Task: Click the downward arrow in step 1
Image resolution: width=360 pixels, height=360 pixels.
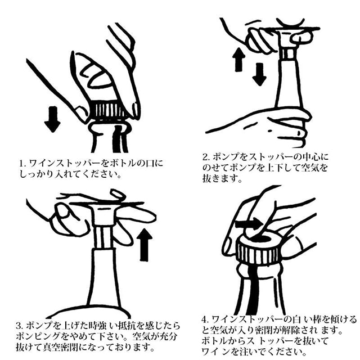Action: [52, 119]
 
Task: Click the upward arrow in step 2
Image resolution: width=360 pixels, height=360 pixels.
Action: [238, 60]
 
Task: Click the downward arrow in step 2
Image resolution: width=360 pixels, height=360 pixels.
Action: [259, 74]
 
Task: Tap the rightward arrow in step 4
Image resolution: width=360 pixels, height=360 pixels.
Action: [250, 224]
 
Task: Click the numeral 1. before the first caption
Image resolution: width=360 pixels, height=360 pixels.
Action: [22, 164]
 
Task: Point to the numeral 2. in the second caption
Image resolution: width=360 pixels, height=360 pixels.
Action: [206, 157]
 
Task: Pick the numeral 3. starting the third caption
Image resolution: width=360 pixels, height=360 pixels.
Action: [20, 326]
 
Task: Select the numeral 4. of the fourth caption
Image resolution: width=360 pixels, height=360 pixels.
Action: [205, 319]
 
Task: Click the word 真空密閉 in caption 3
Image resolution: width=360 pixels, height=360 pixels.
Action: [61, 347]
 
